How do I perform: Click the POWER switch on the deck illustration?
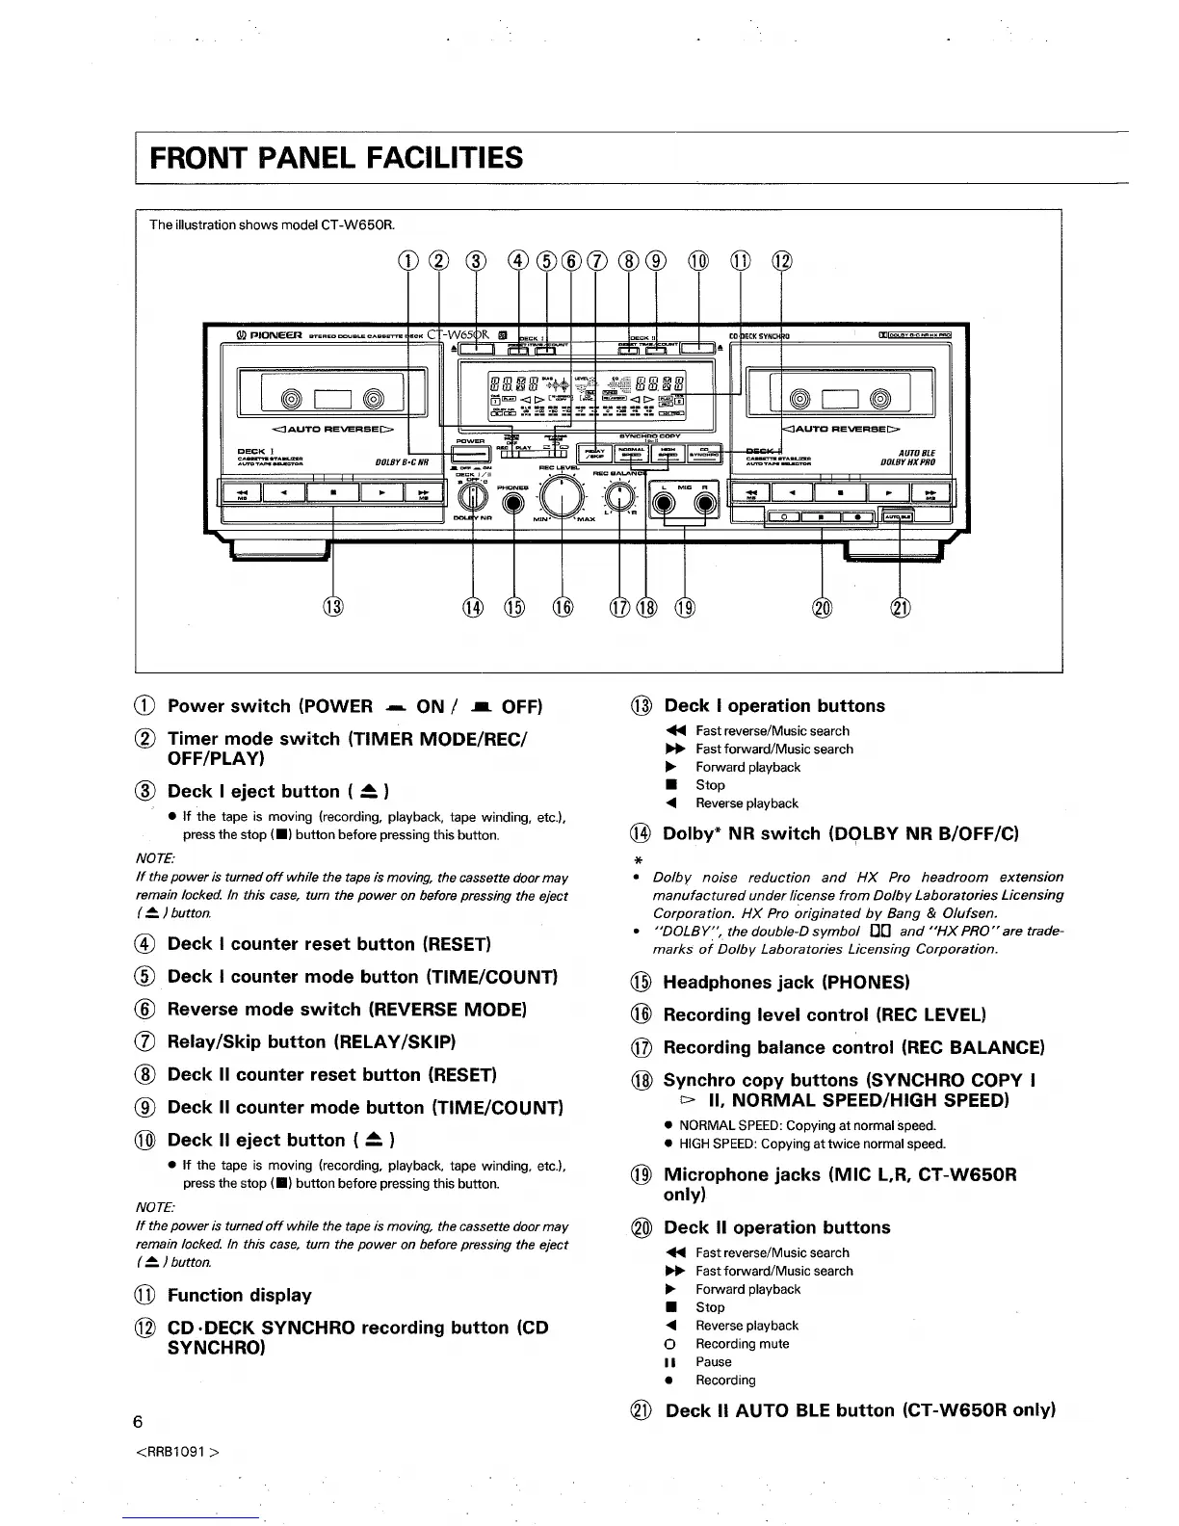click(470, 453)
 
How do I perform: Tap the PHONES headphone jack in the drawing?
click(513, 501)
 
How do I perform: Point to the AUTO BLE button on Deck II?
click(898, 516)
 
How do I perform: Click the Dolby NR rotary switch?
click(472, 497)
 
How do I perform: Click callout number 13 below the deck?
click(332, 607)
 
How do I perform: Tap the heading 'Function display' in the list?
click(239, 1295)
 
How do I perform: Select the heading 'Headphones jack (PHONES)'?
click(786, 982)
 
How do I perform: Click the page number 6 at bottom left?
click(138, 1422)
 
